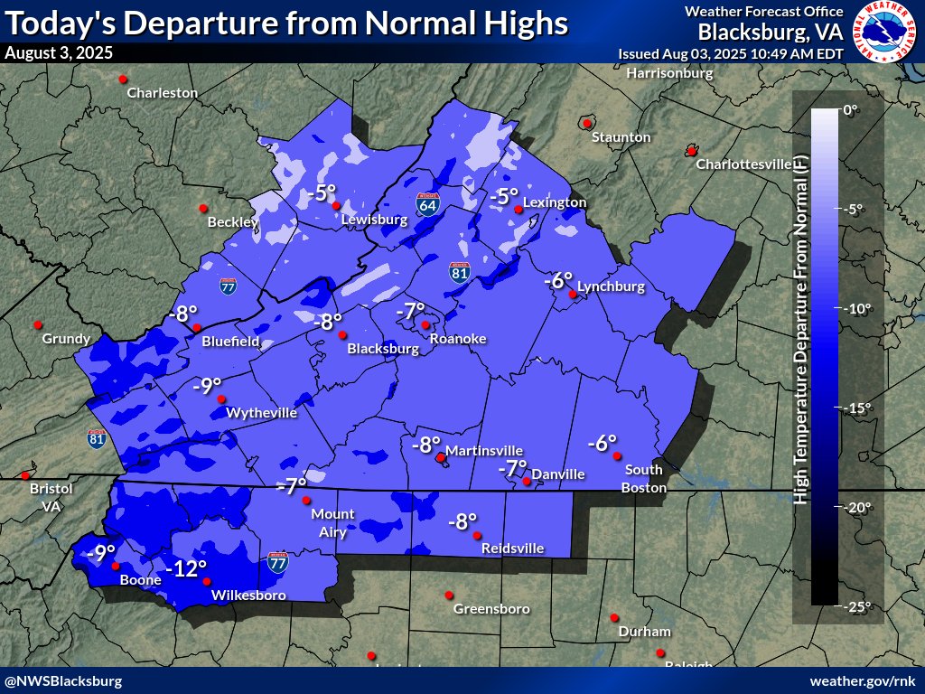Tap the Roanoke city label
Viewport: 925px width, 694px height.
tap(457, 339)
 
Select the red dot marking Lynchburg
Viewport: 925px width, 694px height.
tap(573, 295)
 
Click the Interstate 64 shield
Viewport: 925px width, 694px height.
tap(428, 203)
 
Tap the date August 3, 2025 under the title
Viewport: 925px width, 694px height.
tap(59, 52)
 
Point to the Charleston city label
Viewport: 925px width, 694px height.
tap(162, 92)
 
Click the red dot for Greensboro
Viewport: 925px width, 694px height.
tap(448, 595)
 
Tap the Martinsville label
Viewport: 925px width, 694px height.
tap(483, 450)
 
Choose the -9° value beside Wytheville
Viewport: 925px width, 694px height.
tap(208, 386)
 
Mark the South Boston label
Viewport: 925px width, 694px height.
tap(642, 479)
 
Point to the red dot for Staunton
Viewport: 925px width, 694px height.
tap(587, 124)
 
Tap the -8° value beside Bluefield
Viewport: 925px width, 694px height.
tap(183, 314)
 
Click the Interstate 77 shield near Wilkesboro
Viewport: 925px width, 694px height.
tap(278, 565)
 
